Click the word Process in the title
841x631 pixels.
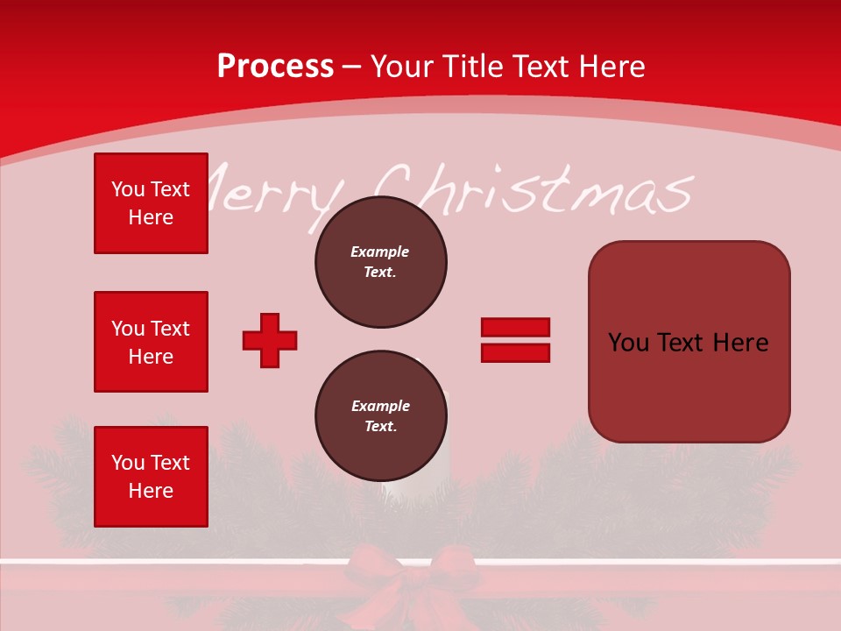(x=275, y=66)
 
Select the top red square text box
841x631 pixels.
(x=151, y=203)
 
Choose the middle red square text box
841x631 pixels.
(x=151, y=342)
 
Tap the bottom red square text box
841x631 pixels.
(x=151, y=476)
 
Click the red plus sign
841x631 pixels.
(x=270, y=340)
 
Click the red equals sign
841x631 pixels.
(x=515, y=340)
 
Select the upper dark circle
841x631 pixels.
(x=380, y=262)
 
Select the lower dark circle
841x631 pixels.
(x=380, y=416)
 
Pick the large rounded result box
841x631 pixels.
(x=689, y=342)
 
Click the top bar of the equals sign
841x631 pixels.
(x=515, y=328)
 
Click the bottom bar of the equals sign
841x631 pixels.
(x=515, y=352)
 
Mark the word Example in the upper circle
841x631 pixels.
(x=380, y=252)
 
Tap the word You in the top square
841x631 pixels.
(x=128, y=189)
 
